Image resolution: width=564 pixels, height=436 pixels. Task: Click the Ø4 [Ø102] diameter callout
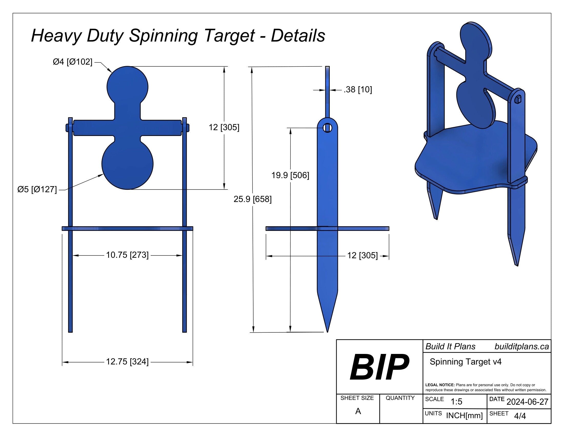click(73, 62)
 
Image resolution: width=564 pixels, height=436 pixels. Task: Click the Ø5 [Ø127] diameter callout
click(37, 190)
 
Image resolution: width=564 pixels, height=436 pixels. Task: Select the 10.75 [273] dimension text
click(127, 255)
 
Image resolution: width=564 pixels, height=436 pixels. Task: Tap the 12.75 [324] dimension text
click(127, 362)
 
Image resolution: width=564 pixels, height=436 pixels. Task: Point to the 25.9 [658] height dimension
click(253, 199)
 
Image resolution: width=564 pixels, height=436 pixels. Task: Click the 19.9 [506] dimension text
click(290, 175)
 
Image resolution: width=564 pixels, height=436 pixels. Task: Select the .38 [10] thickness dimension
click(358, 90)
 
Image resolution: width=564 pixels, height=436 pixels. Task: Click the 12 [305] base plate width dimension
click(362, 255)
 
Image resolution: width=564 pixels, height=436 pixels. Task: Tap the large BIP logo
click(379, 367)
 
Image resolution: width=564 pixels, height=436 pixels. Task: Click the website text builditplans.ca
click(521, 347)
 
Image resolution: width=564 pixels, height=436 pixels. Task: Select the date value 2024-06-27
click(527, 402)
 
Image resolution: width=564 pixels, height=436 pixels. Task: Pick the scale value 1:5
click(456, 402)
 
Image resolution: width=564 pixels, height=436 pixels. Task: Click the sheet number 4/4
click(520, 416)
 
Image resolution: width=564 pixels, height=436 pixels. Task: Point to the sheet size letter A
click(358, 411)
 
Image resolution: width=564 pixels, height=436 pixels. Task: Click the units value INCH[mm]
click(464, 415)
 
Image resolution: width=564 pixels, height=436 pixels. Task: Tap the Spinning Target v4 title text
click(465, 362)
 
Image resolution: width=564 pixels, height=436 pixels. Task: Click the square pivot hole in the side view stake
click(327, 128)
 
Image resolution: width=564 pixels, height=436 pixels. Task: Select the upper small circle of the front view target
click(127, 86)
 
